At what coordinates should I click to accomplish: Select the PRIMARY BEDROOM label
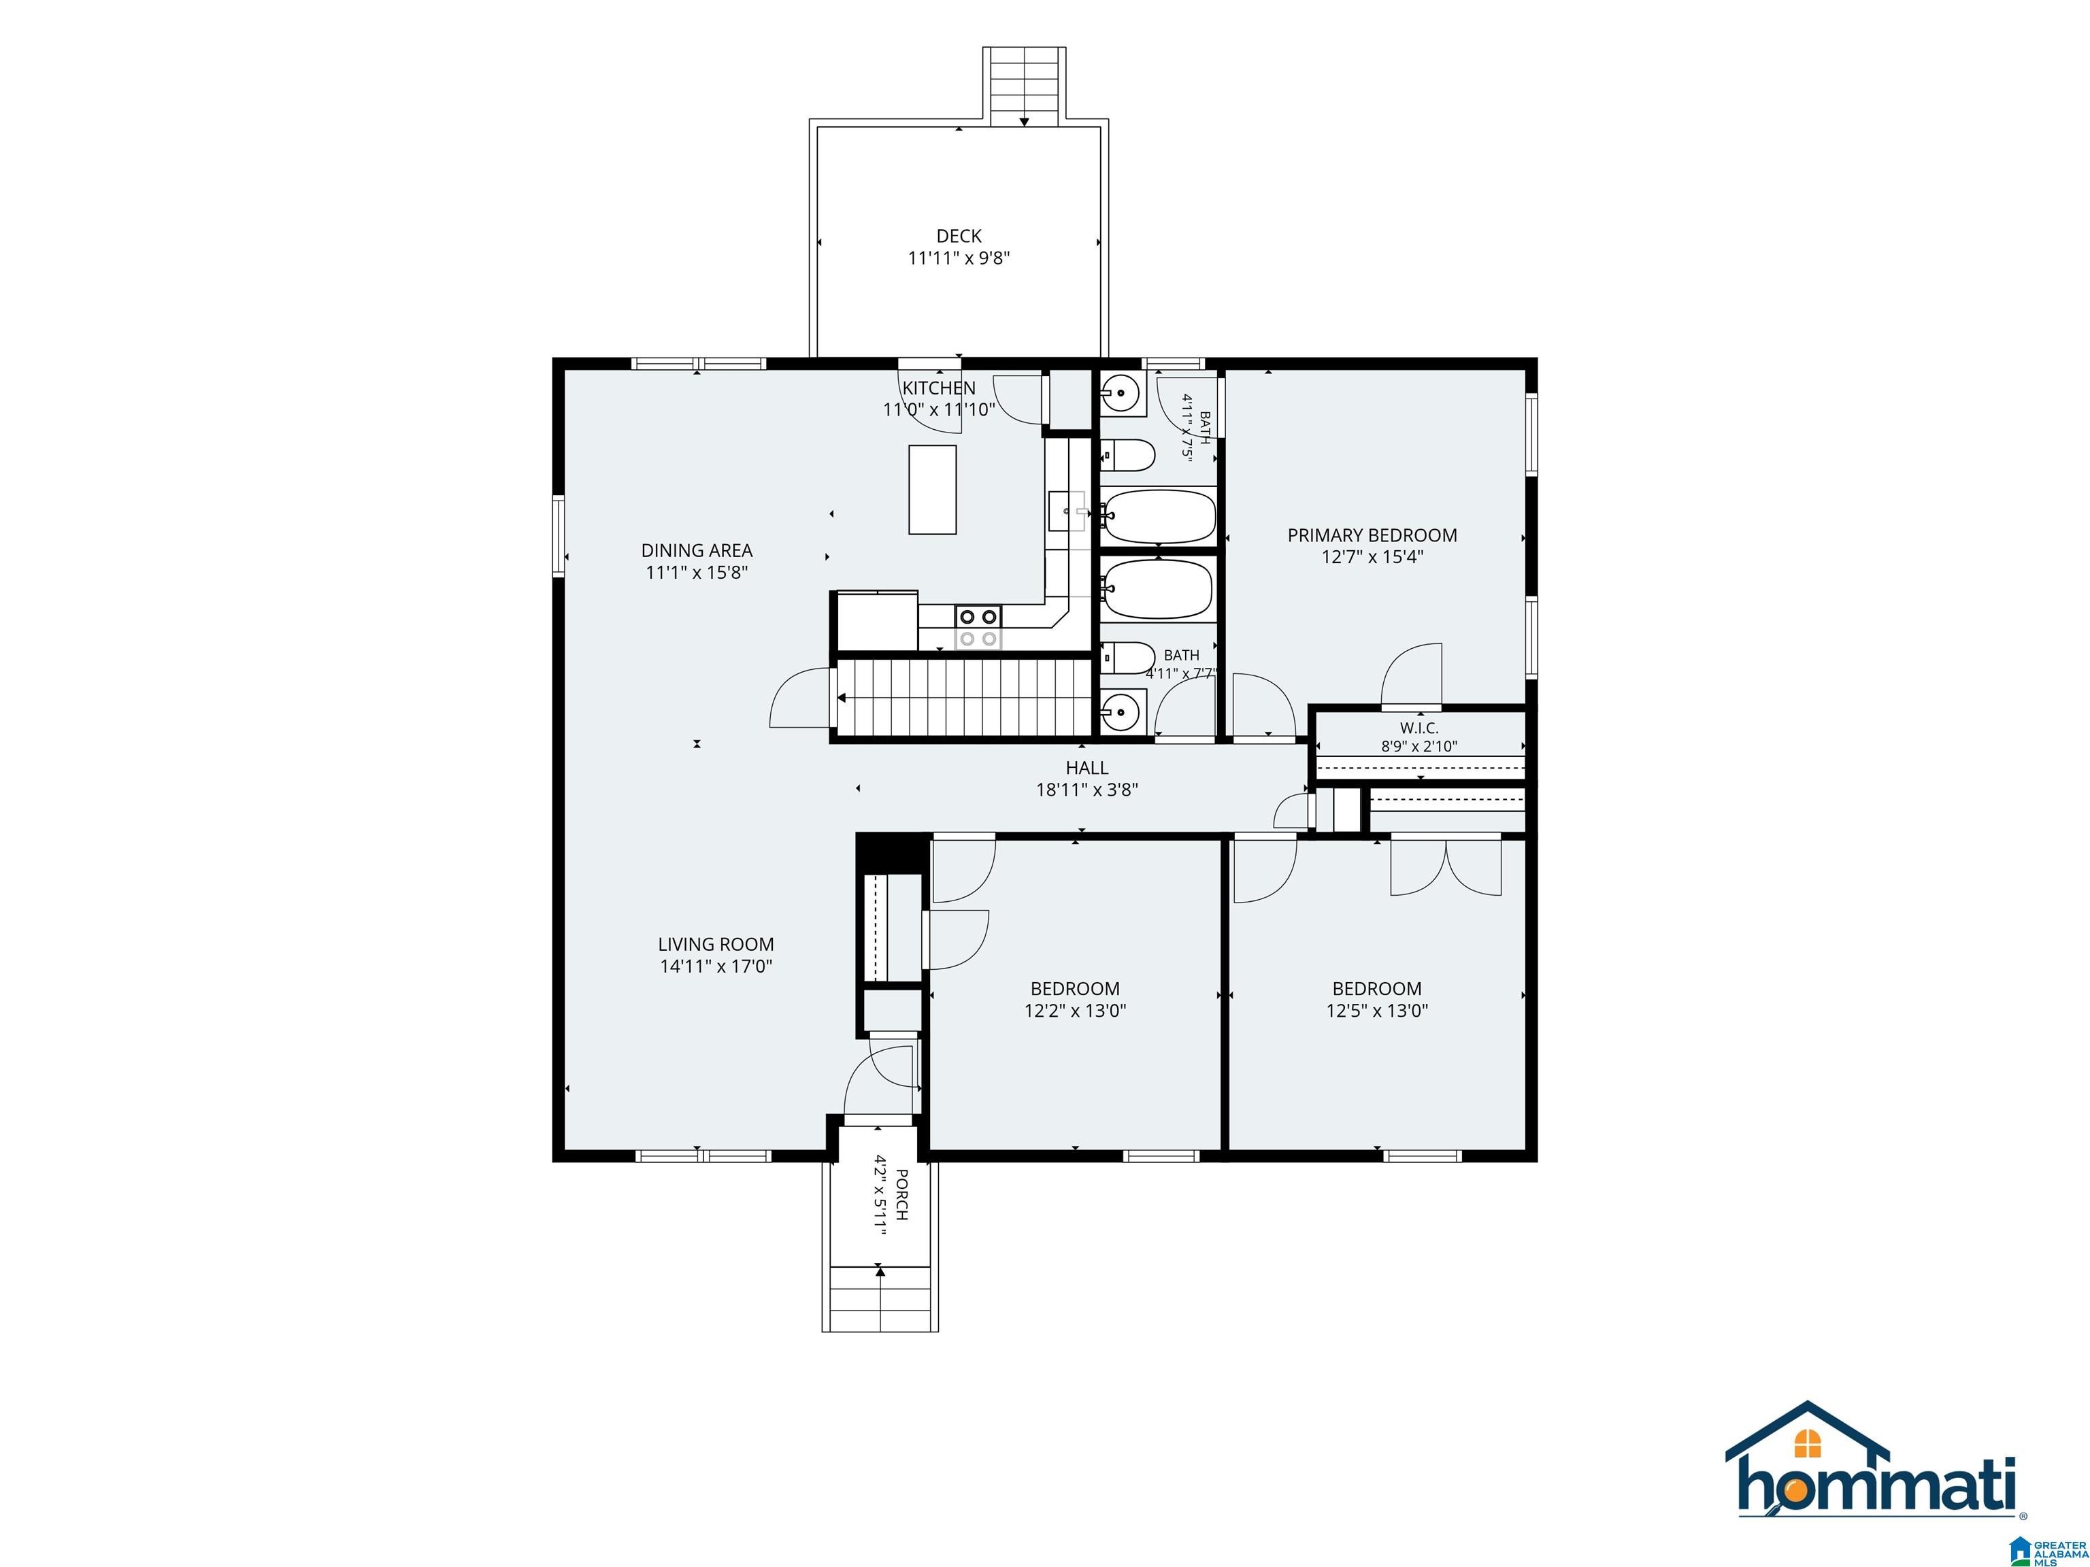coord(1372,535)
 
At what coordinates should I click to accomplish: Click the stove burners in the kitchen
coord(977,627)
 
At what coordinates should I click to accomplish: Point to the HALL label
coord(1087,768)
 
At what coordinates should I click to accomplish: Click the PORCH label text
coord(901,1195)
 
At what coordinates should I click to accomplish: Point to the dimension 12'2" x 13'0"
coord(1075,1011)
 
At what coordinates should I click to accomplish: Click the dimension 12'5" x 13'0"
coord(1376,1011)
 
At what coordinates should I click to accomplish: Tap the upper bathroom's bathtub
coord(1159,517)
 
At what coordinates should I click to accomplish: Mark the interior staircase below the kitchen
coord(964,697)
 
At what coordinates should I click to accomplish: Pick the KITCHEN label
coord(938,388)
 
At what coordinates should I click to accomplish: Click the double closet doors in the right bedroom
coord(1446,864)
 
